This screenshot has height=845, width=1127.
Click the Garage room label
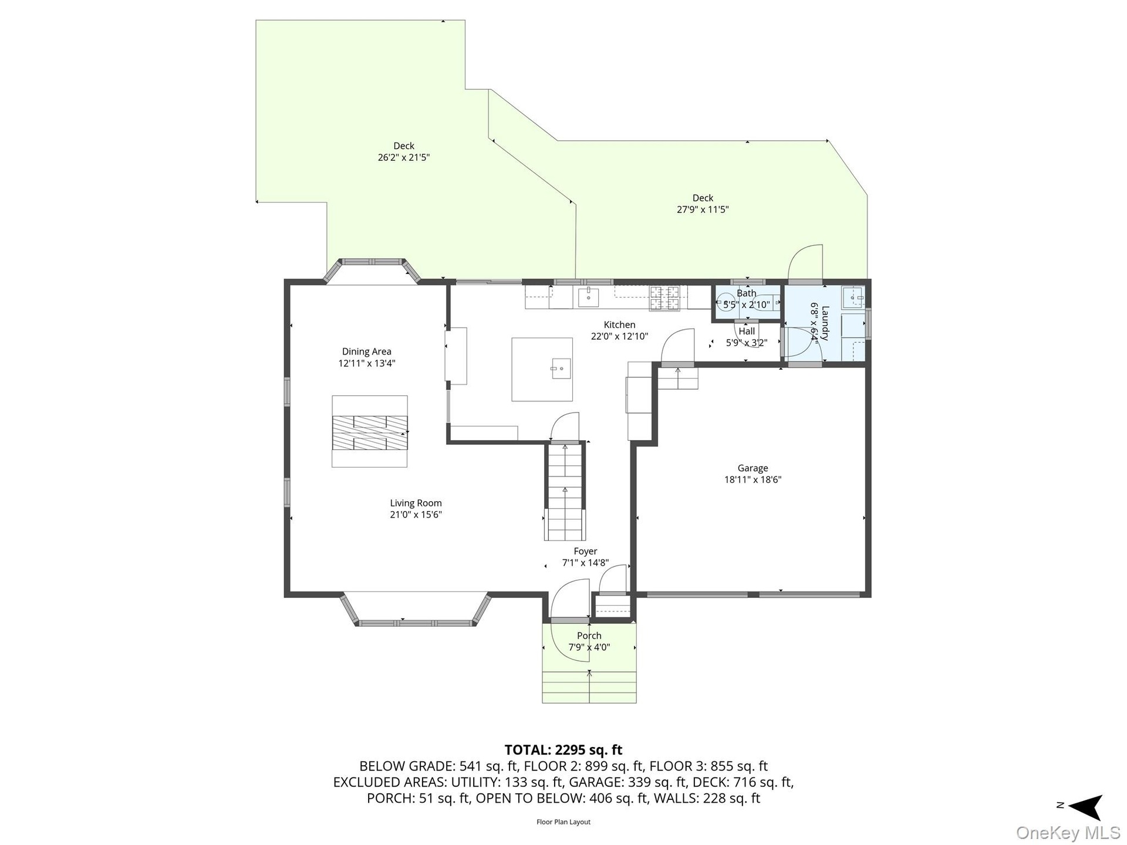click(753, 468)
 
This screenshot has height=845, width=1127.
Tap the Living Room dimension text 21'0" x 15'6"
click(416, 515)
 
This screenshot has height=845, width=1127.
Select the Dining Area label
click(367, 351)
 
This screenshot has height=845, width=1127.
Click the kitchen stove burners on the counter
click(664, 298)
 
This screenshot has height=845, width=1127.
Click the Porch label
click(589, 636)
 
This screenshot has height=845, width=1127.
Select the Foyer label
click(585, 551)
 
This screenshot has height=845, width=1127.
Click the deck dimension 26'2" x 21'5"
click(404, 157)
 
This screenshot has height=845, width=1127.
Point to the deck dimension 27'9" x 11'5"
click(703, 209)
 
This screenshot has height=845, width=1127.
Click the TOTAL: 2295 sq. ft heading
click(563, 750)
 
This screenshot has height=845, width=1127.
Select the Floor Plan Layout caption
click(563, 822)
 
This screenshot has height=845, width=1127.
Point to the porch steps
click(589, 687)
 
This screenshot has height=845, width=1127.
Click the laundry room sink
click(852, 298)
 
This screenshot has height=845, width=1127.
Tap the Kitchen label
click(619, 325)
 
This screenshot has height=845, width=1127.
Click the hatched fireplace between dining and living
click(370, 432)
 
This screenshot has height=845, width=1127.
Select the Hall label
click(747, 331)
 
